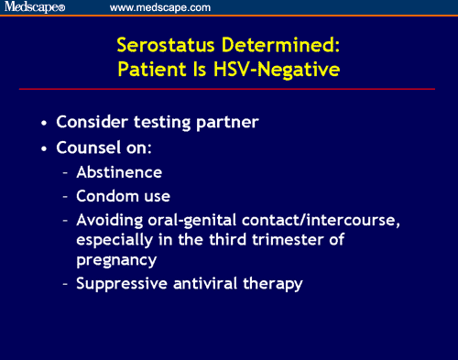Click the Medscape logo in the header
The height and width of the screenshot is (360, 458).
pos(35,7)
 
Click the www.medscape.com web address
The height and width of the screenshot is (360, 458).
pos(160,7)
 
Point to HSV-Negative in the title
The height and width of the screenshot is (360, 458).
pos(280,69)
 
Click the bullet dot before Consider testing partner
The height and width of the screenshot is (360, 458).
pos(45,123)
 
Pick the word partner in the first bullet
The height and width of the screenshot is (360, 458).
pos(225,123)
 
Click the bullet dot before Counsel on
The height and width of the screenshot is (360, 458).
pos(45,147)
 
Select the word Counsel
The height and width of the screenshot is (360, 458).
pos(87,147)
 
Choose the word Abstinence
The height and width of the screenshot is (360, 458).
pos(119,172)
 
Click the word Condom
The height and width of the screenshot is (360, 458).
pos(106,196)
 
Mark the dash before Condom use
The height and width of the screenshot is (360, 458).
pos(65,196)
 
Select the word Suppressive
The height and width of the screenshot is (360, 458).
pos(119,283)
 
